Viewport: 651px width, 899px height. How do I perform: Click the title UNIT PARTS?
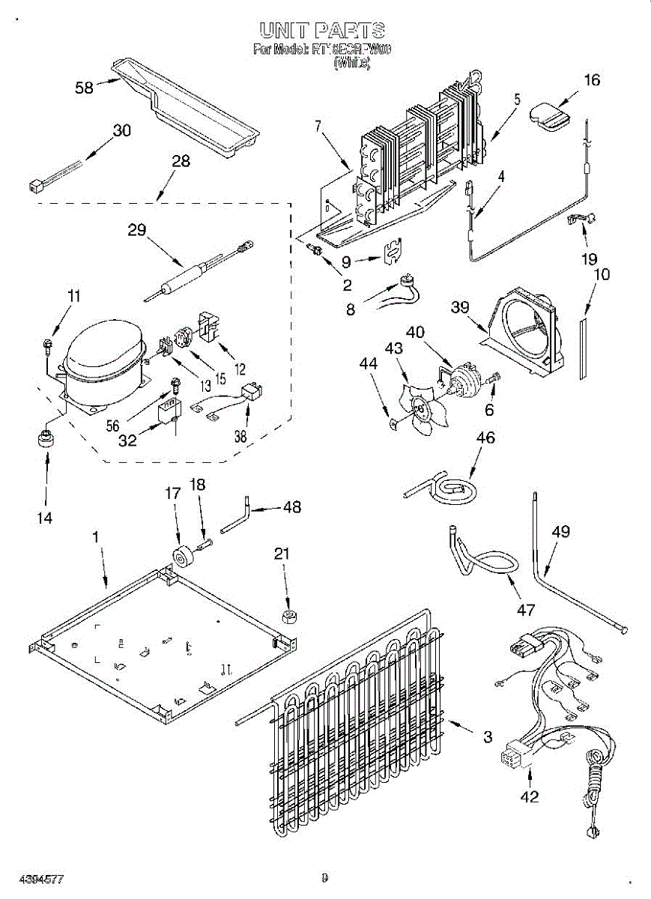pos(323,31)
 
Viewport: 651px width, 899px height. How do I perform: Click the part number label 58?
pos(84,88)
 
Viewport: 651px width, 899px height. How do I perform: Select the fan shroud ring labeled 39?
pos(525,330)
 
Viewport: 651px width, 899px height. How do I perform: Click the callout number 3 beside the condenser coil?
pos(488,738)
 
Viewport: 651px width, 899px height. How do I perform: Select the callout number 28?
pos(181,160)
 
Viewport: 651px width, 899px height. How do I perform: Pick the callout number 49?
pos(560,533)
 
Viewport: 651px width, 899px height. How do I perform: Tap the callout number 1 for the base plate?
pos(96,536)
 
